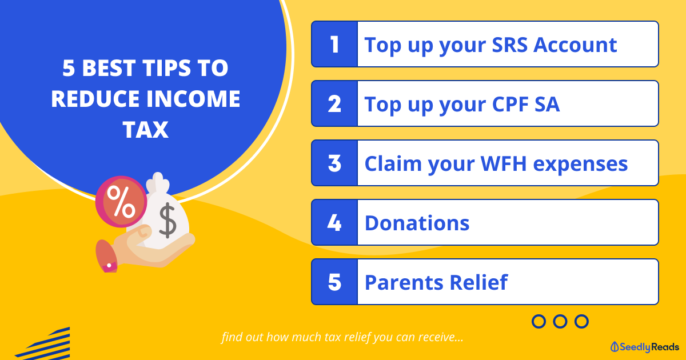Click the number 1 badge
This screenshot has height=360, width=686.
[334, 44]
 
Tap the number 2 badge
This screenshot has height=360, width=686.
[334, 103]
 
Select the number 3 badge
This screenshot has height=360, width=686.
[334, 163]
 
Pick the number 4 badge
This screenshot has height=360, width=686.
[334, 222]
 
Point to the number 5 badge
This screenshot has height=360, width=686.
[334, 282]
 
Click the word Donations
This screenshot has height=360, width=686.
[417, 223]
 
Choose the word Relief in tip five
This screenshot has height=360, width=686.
[478, 282]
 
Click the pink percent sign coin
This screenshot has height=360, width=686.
[121, 201]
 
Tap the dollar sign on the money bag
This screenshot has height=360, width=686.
[167, 221]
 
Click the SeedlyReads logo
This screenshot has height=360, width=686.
[645, 347]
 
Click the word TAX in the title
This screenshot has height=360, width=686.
[145, 130]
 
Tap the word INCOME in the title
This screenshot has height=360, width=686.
[193, 99]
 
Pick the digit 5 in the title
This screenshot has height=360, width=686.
[69, 68]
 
